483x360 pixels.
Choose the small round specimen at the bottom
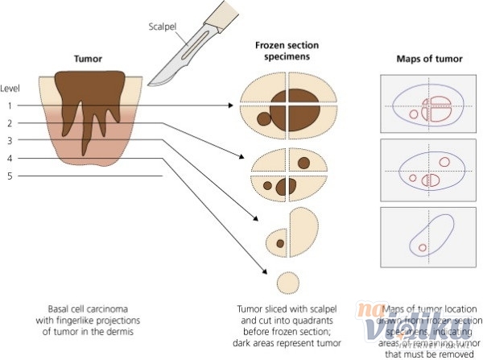coord(287,283)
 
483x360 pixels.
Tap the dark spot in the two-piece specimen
coord(280,242)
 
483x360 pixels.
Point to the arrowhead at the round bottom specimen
coord(269,275)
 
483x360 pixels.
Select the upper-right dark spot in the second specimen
coord(304,163)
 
